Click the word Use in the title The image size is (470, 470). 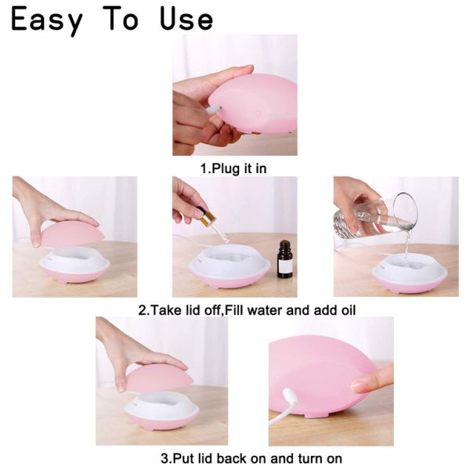pos(186,19)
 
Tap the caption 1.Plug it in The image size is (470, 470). pos(233,168)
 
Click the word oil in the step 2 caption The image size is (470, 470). pos(349,310)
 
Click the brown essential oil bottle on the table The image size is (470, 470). pos(285,258)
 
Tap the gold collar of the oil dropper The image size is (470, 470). pos(208,219)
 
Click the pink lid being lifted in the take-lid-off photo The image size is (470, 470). pos(73,233)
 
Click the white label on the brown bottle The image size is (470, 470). pos(285,265)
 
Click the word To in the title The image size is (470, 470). pos(122,19)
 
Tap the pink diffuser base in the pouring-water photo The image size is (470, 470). pos(410,285)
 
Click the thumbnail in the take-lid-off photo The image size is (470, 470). pos(37,241)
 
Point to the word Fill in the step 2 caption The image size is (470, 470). pos(234,310)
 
